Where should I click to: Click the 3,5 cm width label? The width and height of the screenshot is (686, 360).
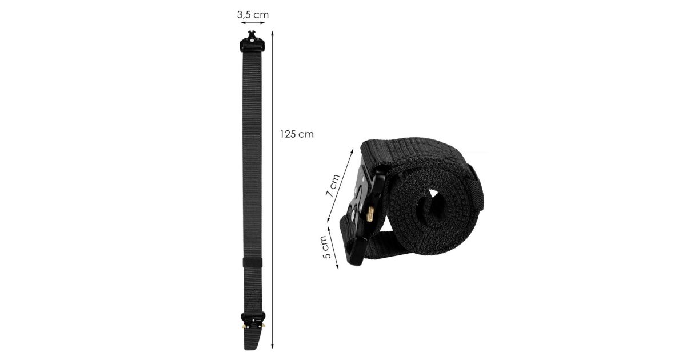(253, 15)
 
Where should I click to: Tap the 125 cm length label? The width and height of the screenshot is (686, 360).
(297, 134)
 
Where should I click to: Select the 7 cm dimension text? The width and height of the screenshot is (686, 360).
(333, 186)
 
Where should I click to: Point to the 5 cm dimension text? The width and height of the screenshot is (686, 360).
(327, 247)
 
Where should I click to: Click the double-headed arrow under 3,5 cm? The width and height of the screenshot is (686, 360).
(253, 23)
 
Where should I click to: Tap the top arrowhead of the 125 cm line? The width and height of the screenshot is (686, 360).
(272, 33)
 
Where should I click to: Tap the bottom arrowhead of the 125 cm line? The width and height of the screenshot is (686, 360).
(272, 346)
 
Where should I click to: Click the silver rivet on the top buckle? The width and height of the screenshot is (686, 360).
(252, 40)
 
